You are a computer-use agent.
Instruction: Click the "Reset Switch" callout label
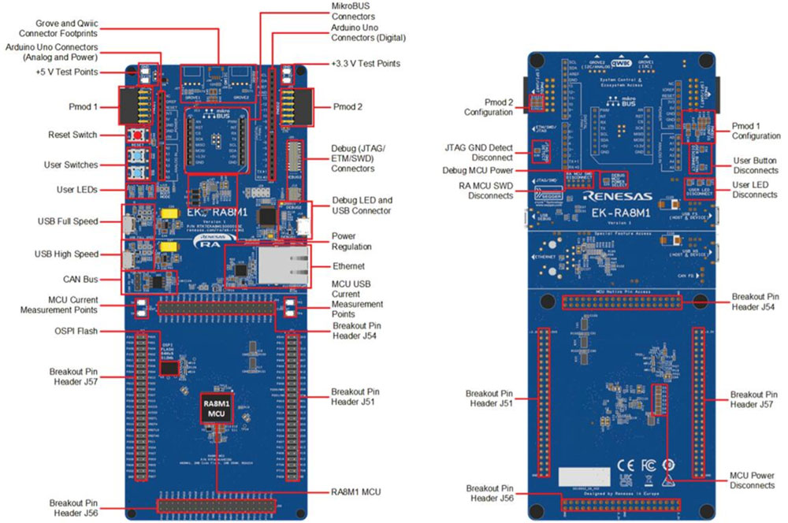coord(72,135)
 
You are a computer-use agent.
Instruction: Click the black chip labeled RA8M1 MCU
coord(216,409)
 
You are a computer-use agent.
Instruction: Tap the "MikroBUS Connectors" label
coord(353,10)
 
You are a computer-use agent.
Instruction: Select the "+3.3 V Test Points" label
coord(365,64)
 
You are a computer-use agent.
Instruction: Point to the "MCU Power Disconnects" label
coord(752,480)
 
